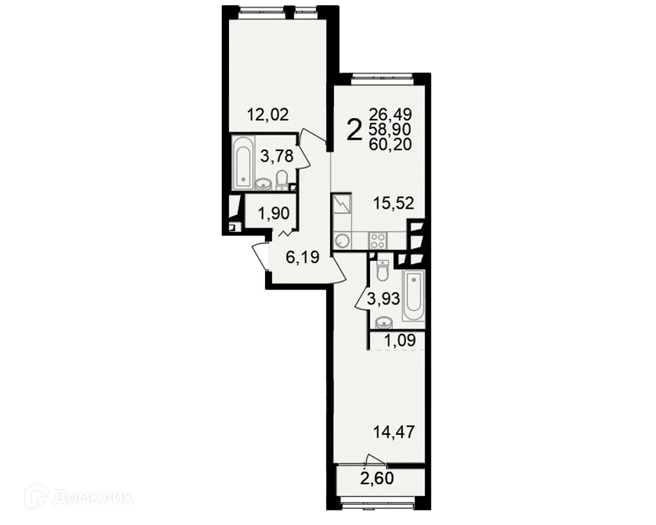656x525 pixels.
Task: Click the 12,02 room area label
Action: (268, 115)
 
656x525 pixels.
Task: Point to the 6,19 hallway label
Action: (302, 257)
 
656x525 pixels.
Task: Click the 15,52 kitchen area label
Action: (394, 203)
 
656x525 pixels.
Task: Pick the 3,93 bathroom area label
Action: (384, 300)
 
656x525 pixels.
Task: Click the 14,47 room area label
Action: (394, 432)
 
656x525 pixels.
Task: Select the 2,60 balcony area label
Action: (377, 478)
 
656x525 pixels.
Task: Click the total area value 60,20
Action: (390, 144)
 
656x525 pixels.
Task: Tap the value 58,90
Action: (390, 129)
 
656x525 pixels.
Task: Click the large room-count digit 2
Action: (354, 130)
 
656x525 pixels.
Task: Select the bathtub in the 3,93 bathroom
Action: (413, 295)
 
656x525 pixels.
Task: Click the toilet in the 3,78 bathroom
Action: (282, 179)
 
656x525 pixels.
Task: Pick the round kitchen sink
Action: (342, 241)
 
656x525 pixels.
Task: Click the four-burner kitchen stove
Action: (377, 240)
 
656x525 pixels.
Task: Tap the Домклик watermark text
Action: (91, 497)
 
